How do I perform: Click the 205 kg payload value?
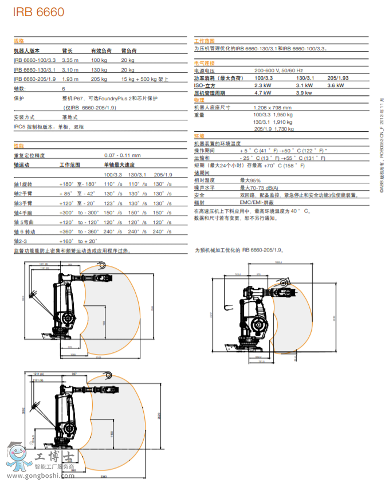99,78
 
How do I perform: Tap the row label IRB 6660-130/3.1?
34,69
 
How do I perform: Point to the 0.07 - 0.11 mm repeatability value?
122,155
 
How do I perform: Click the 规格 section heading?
19,41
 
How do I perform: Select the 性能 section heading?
19,146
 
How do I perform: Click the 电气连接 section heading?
204,62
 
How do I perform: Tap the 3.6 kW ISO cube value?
335,85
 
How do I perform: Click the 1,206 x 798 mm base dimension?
273,107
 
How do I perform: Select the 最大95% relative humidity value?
250,180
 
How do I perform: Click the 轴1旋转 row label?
24,184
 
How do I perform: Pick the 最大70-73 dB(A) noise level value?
259,187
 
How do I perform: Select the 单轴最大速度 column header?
116,164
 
